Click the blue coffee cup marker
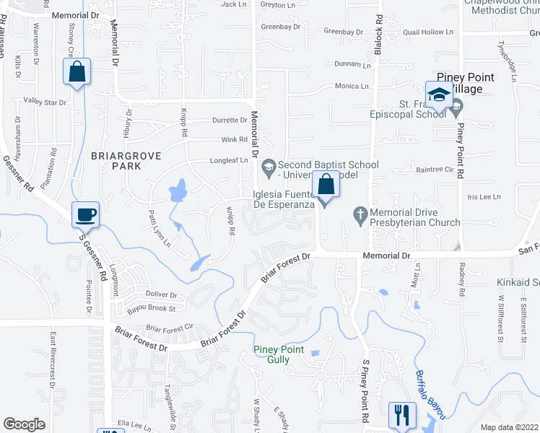[86, 214]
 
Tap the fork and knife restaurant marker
[401, 415]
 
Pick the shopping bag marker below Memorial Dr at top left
[77, 72]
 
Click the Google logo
[25, 424]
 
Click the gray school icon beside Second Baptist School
[269, 165]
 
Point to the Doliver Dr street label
[161, 294]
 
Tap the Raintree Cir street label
[434, 170]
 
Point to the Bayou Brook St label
[152, 308]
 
